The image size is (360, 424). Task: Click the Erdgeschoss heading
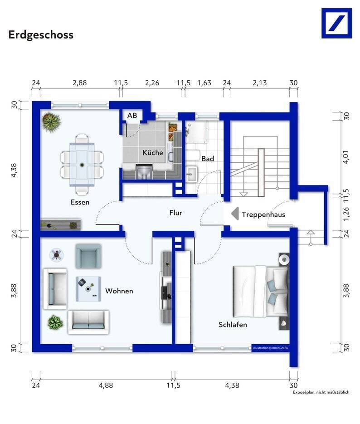click(41, 35)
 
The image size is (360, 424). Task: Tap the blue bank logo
click(336, 23)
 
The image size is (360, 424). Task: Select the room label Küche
click(153, 152)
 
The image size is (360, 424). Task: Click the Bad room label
click(208, 159)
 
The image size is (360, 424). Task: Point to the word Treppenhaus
click(263, 214)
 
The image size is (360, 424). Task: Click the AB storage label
click(132, 116)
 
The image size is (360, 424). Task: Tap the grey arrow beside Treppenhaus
click(235, 214)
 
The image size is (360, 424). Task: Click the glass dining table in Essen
click(82, 165)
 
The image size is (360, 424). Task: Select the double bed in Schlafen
click(261, 291)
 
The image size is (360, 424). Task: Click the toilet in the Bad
click(193, 155)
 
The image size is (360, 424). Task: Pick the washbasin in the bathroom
click(192, 173)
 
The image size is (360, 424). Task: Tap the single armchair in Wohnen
click(88, 256)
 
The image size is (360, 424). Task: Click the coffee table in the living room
click(88, 289)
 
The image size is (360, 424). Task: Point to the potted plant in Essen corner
click(51, 122)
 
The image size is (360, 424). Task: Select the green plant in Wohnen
click(55, 322)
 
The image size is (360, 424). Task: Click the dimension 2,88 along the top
click(79, 83)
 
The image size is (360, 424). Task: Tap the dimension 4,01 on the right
click(346, 157)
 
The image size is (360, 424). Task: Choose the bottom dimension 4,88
click(106, 385)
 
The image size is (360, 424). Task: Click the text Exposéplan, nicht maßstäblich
click(321, 392)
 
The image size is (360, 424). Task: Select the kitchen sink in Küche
click(144, 171)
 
